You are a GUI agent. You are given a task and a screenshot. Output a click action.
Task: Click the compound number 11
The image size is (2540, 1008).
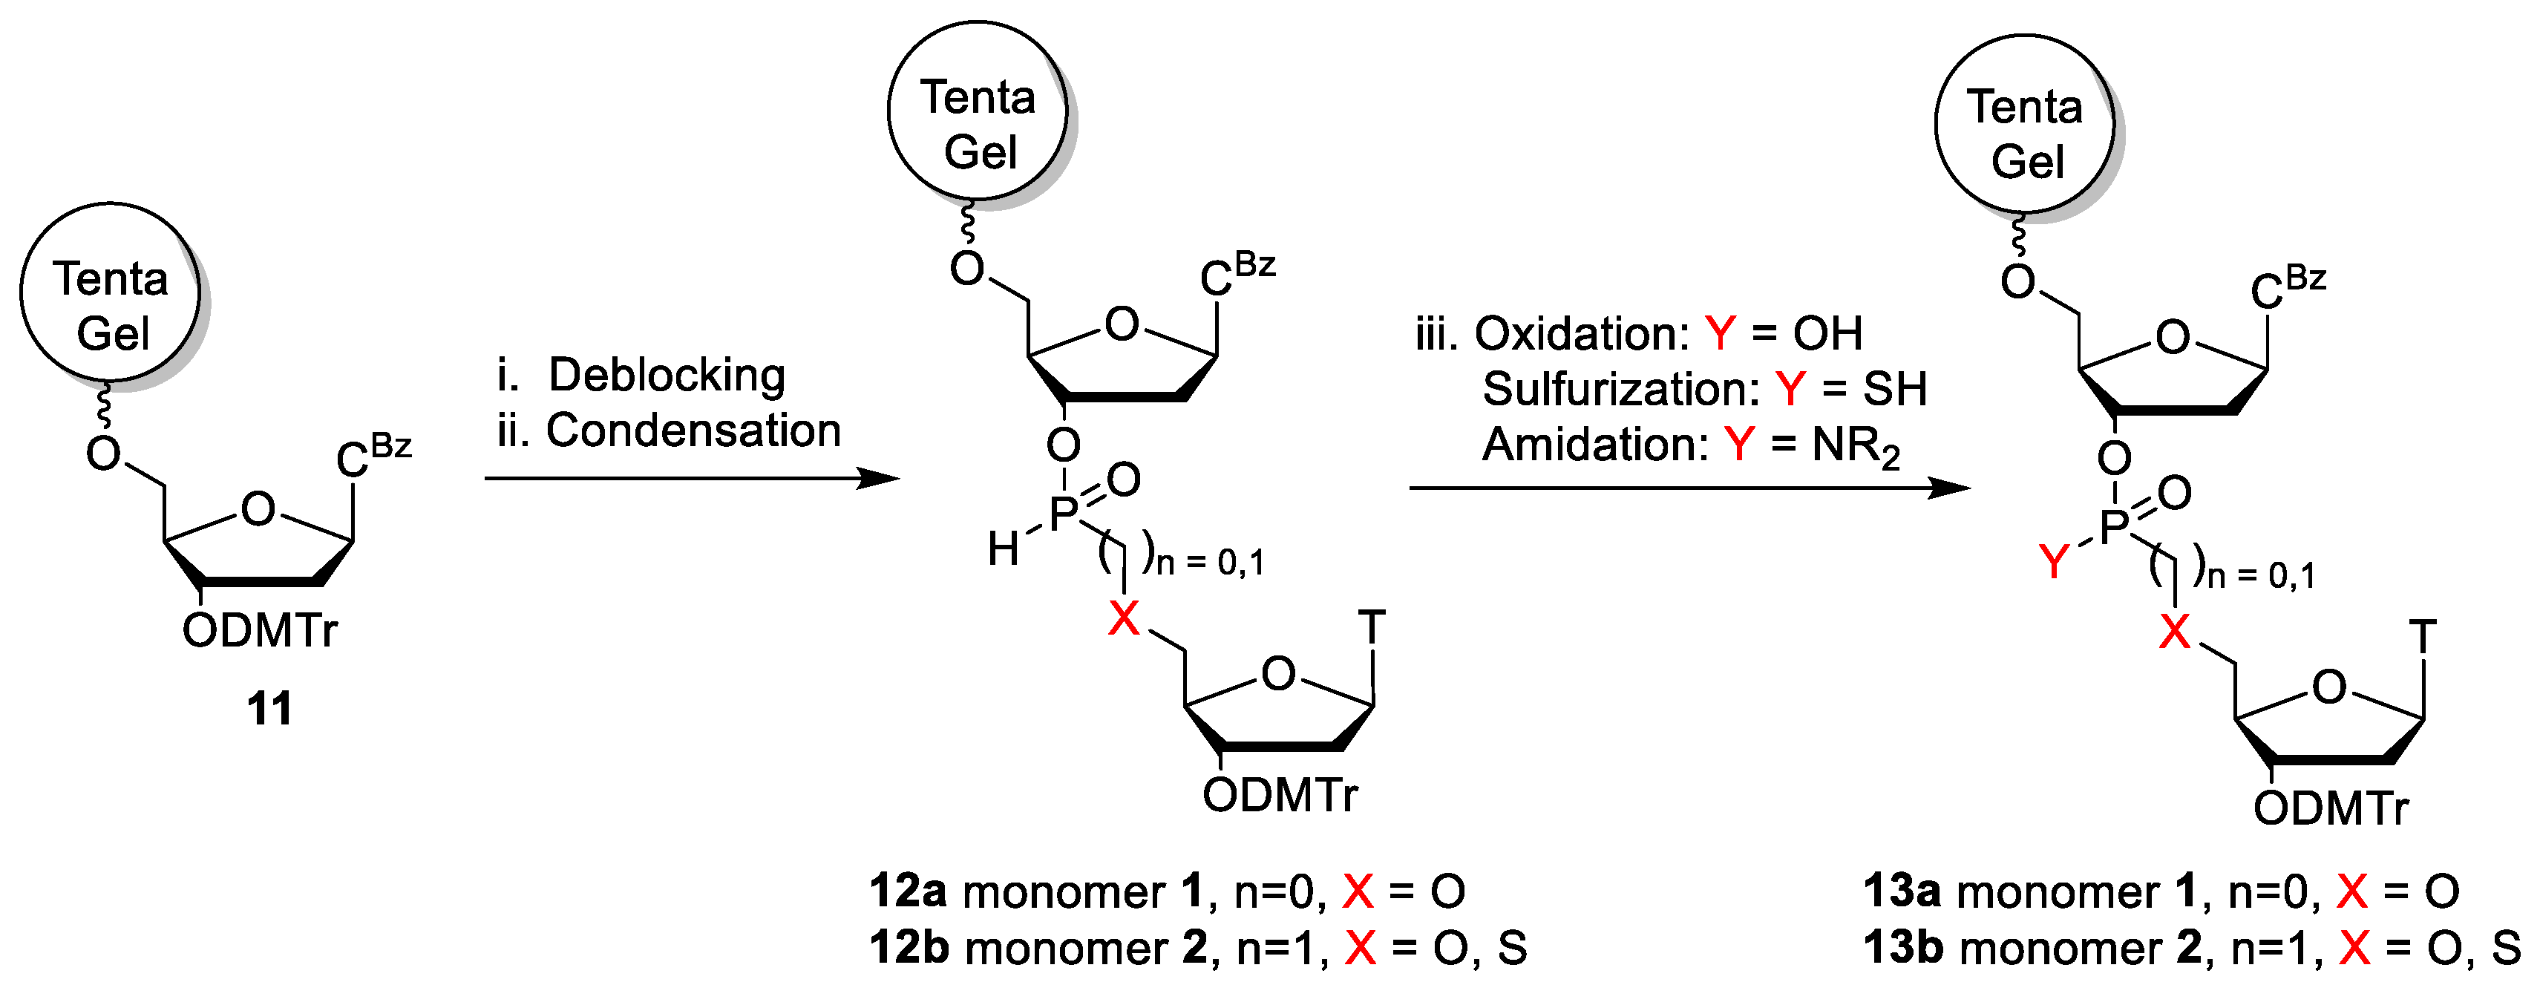click(269, 709)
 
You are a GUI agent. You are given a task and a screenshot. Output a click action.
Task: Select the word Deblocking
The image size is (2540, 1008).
click(667, 375)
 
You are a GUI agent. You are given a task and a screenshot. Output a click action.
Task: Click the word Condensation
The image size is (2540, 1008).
click(693, 430)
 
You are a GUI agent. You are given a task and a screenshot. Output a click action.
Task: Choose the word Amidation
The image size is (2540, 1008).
click(1594, 445)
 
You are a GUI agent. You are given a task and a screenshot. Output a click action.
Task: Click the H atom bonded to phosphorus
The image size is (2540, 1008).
click(1004, 549)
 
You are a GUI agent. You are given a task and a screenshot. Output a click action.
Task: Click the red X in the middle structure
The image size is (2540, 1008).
click(1123, 619)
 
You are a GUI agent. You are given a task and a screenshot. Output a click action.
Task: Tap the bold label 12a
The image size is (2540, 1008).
click(907, 891)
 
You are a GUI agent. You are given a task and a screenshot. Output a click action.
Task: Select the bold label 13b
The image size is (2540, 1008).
click(1903, 948)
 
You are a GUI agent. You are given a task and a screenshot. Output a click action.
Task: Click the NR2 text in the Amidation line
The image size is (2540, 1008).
click(1856, 447)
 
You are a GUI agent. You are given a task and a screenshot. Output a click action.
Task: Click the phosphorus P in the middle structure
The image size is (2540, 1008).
click(1062, 514)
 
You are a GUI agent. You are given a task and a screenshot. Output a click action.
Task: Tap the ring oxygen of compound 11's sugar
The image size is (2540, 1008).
click(258, 510)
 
